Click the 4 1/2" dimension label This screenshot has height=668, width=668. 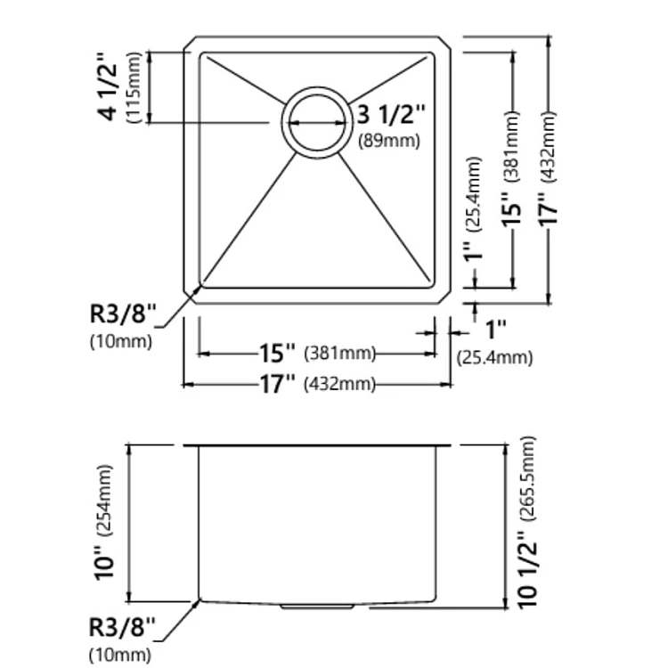coord(107,87)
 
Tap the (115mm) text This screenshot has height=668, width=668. coord(134,88)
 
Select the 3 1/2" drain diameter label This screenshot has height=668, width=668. coord(391,114)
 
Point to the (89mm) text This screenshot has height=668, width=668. coord(389,141)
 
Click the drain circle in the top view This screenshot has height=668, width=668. coord(317,89)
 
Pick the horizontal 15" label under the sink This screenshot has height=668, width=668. coord(277,353)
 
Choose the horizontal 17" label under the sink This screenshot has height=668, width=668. coord(277,384)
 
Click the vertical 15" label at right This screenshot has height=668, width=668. coord(511,208)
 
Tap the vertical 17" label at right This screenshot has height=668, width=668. coord(549,208)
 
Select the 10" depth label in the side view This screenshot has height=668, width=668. coord(105,562)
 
